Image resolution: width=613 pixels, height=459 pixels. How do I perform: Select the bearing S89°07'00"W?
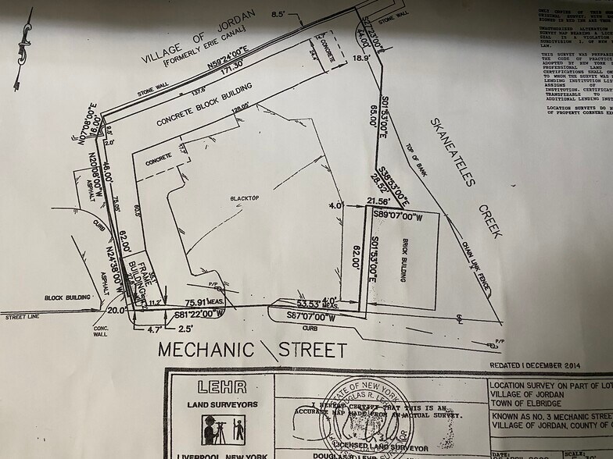(397, 214)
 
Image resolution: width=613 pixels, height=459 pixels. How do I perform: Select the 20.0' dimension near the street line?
(118, 310)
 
